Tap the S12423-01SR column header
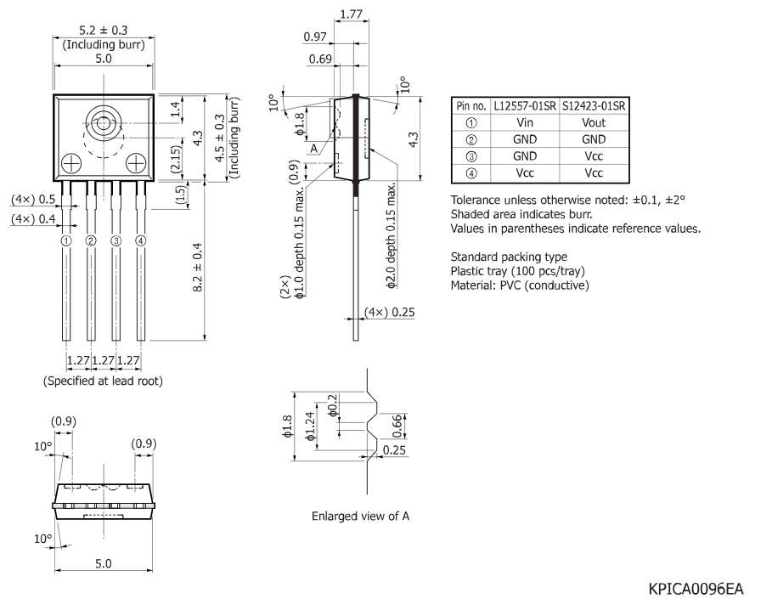[x=594, y=106]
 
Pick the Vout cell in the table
[x=594, y=122]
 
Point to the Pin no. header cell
[x=472, y=106]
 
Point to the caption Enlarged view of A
[x=361, y=516]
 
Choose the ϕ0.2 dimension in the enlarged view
[x=332, y=404]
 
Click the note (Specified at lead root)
[x=103, y=381]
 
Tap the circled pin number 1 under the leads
[x=65, y=240]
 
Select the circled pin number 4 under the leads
[x=141, y=240]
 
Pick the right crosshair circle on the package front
[x=136, y=161]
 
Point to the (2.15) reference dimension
[x=174, y=160]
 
